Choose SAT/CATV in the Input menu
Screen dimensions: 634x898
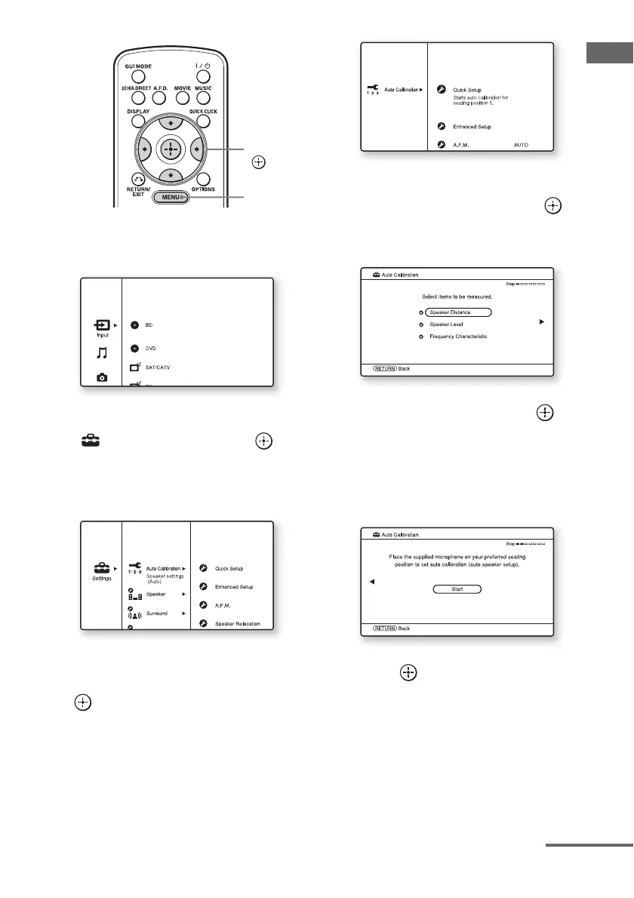[x=161, y=367]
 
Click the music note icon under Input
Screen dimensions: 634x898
[x=101, y=351]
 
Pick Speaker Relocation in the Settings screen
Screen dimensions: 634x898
[x=237, y=623]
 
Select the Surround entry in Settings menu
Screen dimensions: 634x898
[x=157, y=614]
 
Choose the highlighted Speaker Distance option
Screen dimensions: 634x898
[x=458, y=311]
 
